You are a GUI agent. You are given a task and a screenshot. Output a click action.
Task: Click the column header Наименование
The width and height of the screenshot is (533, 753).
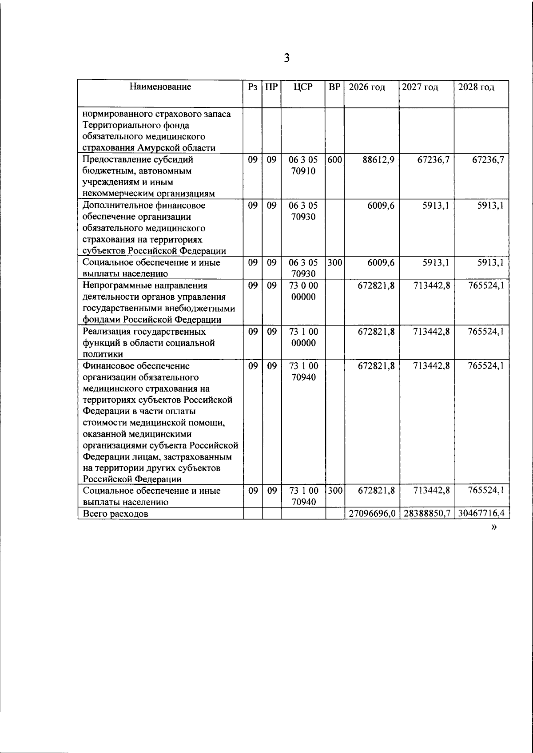(160, 87)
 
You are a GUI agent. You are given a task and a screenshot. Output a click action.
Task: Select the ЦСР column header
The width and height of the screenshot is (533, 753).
(303, 87)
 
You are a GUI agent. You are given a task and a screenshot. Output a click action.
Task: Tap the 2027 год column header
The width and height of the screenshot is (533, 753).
(420, 87)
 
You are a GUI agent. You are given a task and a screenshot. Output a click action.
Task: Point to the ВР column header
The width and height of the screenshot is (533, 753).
(334, 87)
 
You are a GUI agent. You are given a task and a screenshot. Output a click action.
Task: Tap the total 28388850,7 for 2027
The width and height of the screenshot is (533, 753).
(426, 513)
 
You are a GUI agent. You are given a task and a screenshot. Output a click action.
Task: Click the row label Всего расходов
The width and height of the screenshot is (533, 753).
(115, 514)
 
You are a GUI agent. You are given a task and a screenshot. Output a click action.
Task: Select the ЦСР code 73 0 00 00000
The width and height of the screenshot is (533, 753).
(303, 291)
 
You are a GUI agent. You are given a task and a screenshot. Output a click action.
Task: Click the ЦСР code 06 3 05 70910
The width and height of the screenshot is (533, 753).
(303, 165)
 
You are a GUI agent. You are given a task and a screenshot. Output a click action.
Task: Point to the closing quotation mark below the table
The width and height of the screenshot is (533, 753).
(493, 527)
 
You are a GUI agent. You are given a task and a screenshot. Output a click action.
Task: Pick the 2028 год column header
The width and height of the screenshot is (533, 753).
(476, 87)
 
